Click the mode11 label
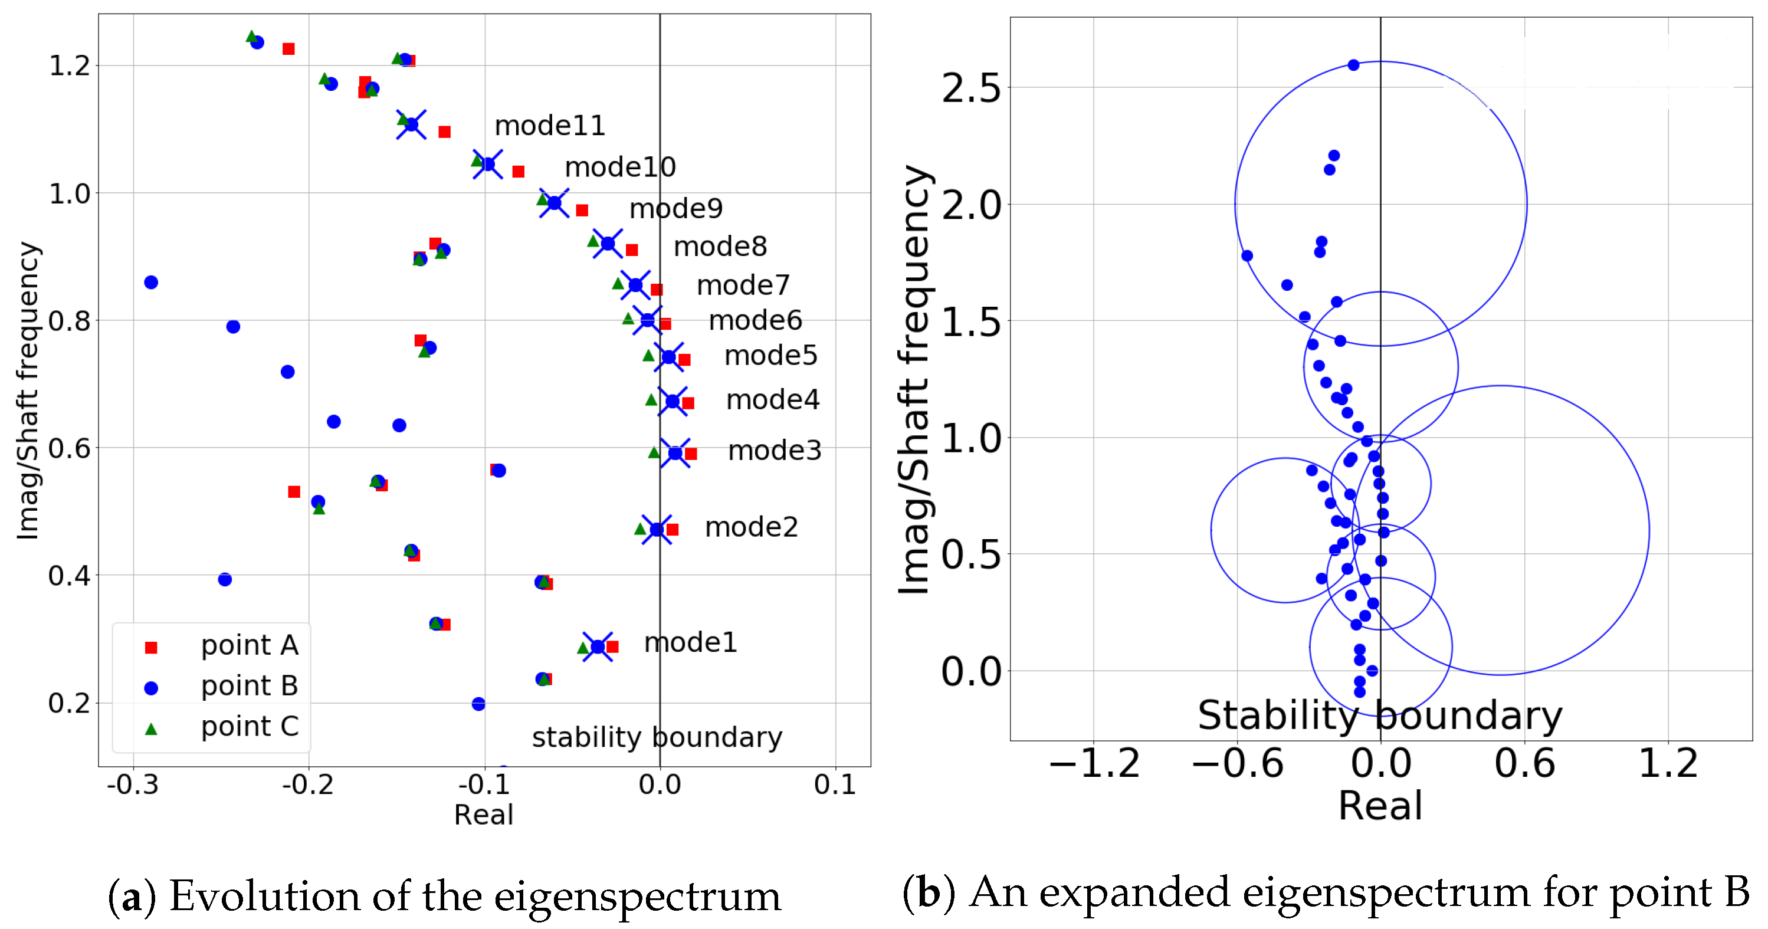pos(550,126)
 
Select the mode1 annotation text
pos(690,642)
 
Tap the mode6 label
pos(755,320)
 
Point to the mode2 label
pos(752,527)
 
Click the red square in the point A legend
pos(152,647)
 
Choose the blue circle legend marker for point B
pos(152,688)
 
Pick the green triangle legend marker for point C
pos(152,728)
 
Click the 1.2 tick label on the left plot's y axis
pos(70,66)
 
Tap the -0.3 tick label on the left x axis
pos(133,785)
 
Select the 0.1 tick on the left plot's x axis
pos(835,785)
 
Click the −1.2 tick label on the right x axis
pos(1094,764)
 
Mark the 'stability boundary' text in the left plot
pos(657,737)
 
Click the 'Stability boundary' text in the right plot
pos(1379,716)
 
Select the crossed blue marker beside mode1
pos(598,646)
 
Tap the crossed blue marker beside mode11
pos(411,124)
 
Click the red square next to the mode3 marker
pos(691,454)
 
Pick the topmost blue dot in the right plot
pos(1353,65)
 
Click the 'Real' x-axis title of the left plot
pos(483,815)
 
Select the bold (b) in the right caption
pos(928,892)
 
